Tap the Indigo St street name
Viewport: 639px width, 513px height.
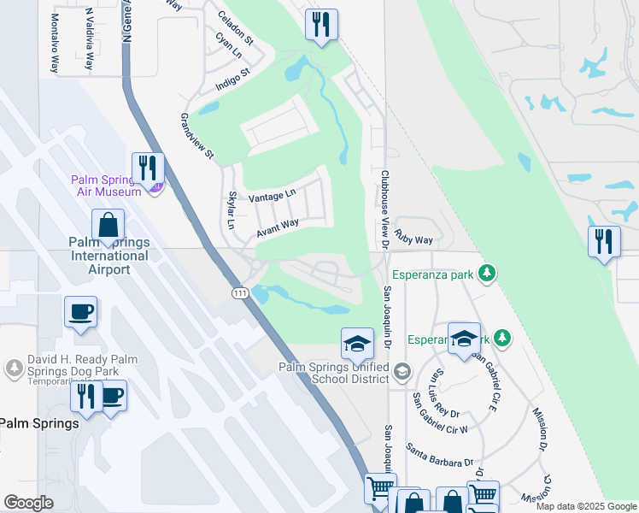pyautogui.click(x=232, y=76)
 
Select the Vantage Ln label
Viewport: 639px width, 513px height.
pyautogui.click(x=273, y=197)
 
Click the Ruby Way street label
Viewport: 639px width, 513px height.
pyautogui.click(x=413, y=240)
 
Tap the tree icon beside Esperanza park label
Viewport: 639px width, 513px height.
pyautogui.click(x=487, y=274)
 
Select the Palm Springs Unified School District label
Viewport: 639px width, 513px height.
pyautogui.click(x=333, y=374)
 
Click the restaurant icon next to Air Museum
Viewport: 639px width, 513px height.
pyautogui.click(x=148, y=168)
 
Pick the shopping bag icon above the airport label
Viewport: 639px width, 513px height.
pyautogui.click(x=108, y=226)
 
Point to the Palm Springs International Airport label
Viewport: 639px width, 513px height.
pyautogui.click(x=108, y=256)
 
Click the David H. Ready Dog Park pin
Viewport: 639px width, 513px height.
pyautogui.click(x=14, y=369)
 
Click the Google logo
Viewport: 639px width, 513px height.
pyautogui.click(x=28, y=503)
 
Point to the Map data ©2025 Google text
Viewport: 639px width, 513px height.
pyautogui.click(x=586, y=506)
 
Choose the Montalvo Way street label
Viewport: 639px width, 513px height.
pyautogui.click(x=55, y=41)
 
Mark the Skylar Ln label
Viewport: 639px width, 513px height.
pyautogui.click(x=231, y=209)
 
